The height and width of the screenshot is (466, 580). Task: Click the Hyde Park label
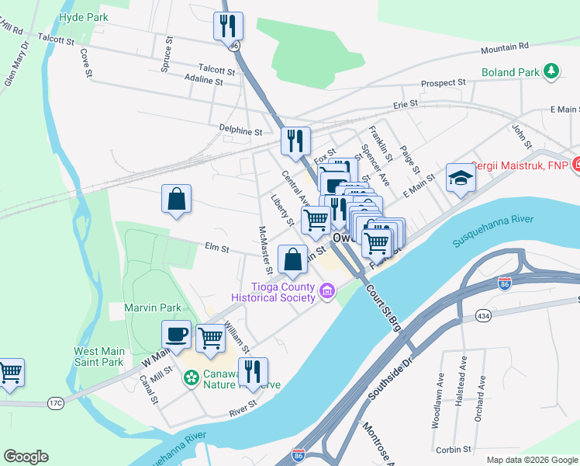tap(83, 16)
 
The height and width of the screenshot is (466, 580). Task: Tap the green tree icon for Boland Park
tap(551, 72)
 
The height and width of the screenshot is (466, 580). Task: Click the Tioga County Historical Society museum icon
tap(327, 293)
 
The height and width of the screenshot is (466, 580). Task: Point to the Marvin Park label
tap(147, 308)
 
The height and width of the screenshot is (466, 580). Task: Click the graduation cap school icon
tap(461, 178)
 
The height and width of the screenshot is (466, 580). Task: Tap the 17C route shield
tap(55, 402)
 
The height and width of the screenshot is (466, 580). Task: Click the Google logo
tap(26, 457)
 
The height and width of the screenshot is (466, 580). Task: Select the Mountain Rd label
tap(504, 48)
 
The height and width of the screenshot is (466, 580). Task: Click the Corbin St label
tap(454, 449)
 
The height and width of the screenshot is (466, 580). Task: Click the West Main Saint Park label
tap(98, 356)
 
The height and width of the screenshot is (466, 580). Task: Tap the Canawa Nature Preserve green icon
tap(189, 378)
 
